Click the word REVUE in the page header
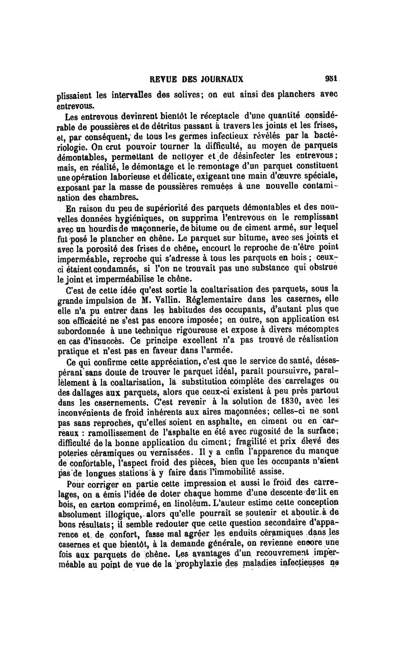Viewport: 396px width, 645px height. pos(163,79)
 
